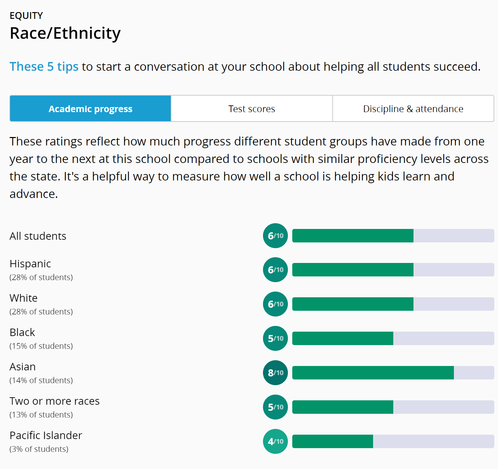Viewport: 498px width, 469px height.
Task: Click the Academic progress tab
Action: coord(90,109)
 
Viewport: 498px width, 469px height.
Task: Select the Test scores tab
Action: coord(252,109)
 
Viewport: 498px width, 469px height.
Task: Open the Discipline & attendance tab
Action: coord(413,109)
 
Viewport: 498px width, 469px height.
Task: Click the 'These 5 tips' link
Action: coord(44,67)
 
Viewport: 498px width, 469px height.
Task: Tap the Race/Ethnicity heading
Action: coord(65,33)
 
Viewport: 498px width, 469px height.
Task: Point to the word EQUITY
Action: coord(26,15)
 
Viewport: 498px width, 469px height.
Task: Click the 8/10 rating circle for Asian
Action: coord(275,373)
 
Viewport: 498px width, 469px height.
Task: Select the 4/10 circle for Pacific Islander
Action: coord(275,441)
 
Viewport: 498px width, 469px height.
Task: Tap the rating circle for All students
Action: coord(275,236)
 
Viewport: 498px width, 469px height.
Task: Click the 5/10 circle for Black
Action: coord(275,338)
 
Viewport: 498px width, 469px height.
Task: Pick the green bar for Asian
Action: coord(373,373)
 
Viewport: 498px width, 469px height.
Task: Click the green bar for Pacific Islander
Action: coord(332,441)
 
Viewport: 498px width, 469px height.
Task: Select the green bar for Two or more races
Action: coord(342,407)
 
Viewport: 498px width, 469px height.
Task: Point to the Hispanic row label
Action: coord(30,264)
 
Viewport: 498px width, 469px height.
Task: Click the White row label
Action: coord(24,298)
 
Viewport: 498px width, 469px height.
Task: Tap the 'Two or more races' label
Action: coord(55,401)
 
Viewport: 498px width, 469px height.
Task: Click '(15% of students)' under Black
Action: coord(41,346)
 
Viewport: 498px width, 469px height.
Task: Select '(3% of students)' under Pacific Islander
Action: coord(39,449)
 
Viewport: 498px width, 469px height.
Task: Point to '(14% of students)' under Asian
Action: coord(41,380)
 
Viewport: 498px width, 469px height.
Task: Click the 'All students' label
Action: coord(38,236)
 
